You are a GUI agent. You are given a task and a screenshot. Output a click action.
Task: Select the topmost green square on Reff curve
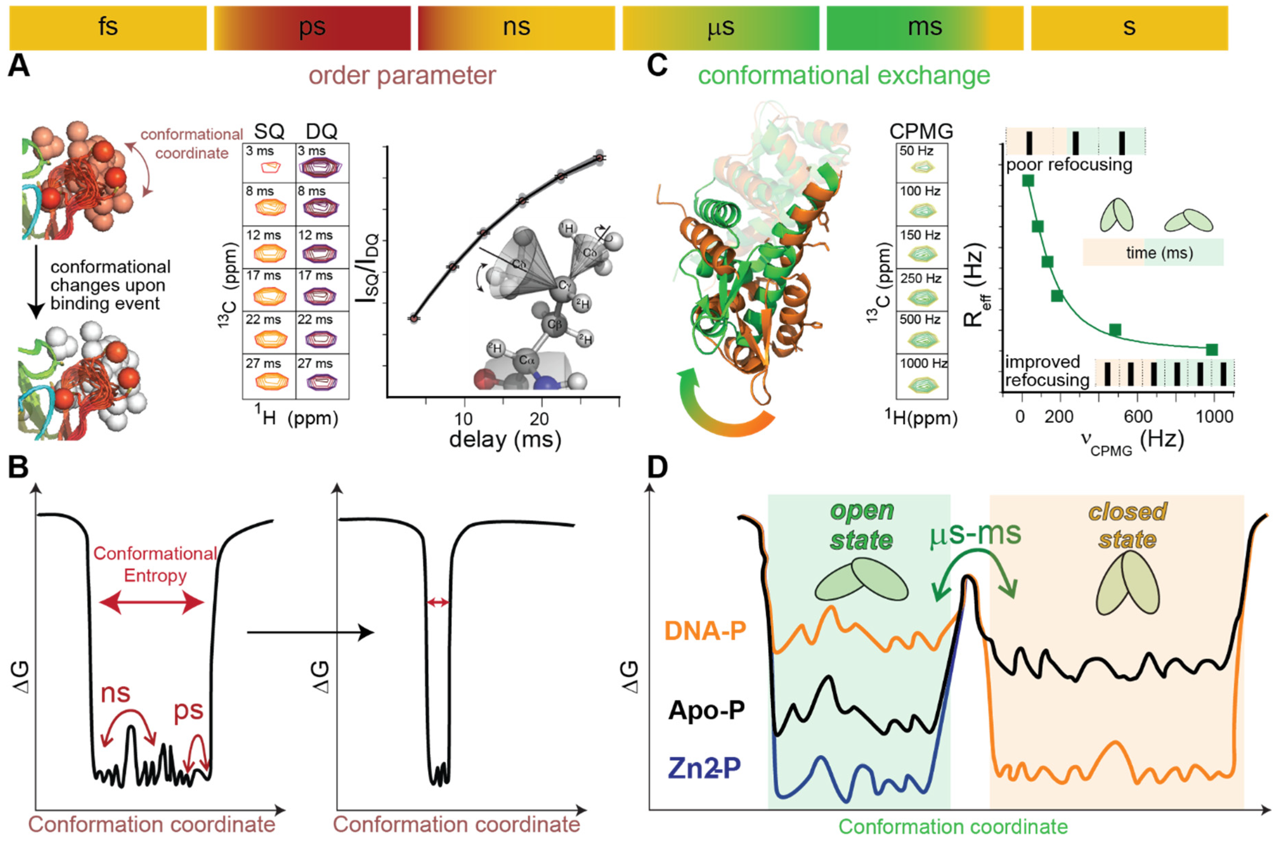1028,181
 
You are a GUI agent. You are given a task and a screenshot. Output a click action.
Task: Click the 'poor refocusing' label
1069,164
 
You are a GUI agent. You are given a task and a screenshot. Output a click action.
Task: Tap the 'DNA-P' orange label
705,631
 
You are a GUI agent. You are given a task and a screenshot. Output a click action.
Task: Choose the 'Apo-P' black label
706,711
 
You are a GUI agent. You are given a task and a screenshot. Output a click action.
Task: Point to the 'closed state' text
1127,526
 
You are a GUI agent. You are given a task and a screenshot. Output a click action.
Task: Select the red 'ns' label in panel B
115,693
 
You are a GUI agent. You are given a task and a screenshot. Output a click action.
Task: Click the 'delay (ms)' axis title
505,440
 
